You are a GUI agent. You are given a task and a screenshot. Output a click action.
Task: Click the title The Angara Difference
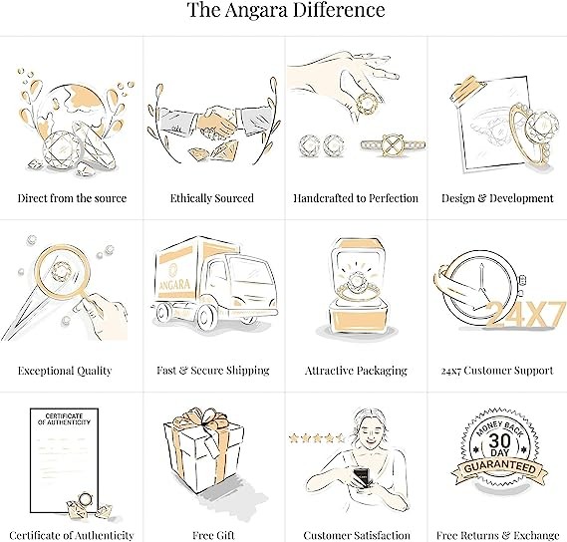[x=286, y=10]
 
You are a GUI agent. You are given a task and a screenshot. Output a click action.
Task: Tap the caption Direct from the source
[x=72, y=198]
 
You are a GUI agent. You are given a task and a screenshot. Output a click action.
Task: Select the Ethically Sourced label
[x=212, y=198]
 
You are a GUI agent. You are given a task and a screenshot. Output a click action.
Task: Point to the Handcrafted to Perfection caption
[x=356, y=198]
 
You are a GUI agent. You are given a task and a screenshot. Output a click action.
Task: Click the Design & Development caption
[x=497, y=198]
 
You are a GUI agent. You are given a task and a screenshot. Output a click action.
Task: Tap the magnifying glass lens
[x=64, y=273]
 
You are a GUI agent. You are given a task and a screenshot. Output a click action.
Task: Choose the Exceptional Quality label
[x=65, y=371]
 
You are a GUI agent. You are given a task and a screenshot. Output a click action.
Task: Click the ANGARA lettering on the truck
[x=175, y=285]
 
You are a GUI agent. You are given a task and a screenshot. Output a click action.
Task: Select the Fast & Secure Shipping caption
[x=213, y=371]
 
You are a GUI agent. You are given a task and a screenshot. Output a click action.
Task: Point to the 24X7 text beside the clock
[x=525, y=314]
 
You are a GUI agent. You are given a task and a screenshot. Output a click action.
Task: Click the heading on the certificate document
[x=64, y=418]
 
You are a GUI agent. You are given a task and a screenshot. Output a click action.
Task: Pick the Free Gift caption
[x=213, y=535]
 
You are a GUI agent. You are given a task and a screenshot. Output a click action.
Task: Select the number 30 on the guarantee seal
[x=500, y=440]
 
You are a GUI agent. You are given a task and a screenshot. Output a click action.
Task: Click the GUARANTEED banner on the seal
[x=500, y=468]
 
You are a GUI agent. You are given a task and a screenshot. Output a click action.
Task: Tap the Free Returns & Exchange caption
[x=497, y=535]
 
